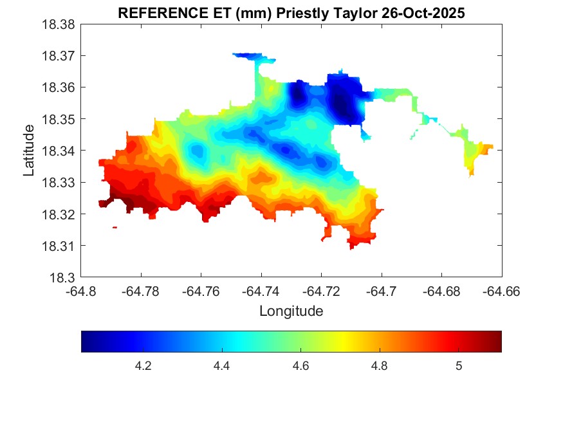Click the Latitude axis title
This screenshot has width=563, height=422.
(29, 151)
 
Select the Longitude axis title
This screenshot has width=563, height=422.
(291, 311)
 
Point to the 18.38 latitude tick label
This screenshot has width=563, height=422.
(59, 24)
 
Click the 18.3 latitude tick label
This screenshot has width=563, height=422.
(63, 277)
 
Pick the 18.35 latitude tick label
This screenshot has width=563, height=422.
(59, 119)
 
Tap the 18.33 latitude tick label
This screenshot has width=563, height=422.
(59, 182)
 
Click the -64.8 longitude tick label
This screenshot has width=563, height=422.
(81, 291)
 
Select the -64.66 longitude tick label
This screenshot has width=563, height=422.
(502, 291)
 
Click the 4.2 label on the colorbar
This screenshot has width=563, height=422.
(143, 366)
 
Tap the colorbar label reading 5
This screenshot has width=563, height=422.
(459, 366)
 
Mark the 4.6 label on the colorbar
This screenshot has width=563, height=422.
(300, 366)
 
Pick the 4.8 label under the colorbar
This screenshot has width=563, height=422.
(380, 366)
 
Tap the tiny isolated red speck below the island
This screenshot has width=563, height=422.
(115, 227)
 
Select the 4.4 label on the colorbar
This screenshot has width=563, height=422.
(222, 366)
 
